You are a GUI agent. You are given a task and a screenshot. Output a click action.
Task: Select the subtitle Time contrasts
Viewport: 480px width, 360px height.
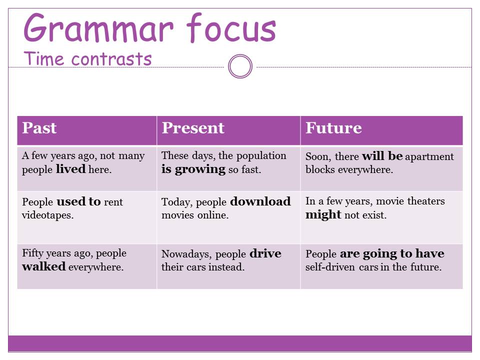87,59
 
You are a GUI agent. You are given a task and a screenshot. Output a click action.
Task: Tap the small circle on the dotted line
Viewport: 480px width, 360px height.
240,66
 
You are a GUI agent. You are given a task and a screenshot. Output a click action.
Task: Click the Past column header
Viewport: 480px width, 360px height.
39,128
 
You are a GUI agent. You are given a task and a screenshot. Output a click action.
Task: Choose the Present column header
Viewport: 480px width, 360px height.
193,128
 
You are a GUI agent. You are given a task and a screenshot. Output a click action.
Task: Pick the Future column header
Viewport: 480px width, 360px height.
333,128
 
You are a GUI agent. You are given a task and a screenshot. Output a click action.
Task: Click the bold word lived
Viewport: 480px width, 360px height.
70,169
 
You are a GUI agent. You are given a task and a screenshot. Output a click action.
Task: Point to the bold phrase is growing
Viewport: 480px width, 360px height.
193,169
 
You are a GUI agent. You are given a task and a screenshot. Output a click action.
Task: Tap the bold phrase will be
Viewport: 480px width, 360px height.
382,156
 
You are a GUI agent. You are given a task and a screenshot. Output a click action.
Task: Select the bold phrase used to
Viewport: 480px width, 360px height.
78,202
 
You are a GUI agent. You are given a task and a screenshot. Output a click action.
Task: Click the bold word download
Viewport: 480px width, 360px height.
260,202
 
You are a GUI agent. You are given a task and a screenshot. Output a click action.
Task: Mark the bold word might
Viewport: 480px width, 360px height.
323,215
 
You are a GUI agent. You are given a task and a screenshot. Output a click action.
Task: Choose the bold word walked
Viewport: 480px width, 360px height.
44,266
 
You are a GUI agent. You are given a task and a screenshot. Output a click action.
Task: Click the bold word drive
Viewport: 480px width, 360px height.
265,253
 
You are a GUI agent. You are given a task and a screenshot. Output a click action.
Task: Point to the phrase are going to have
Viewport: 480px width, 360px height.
392,253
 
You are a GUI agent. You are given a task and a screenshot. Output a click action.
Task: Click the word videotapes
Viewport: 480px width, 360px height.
47,215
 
